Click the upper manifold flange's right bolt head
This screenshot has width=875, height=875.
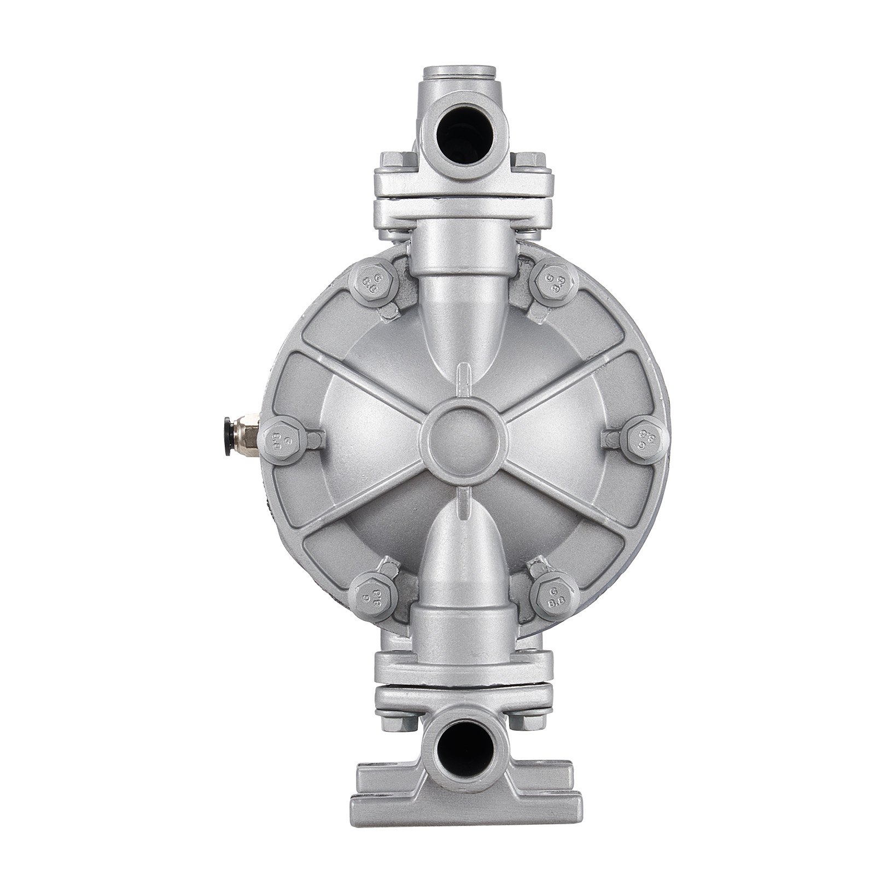[528, 162]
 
